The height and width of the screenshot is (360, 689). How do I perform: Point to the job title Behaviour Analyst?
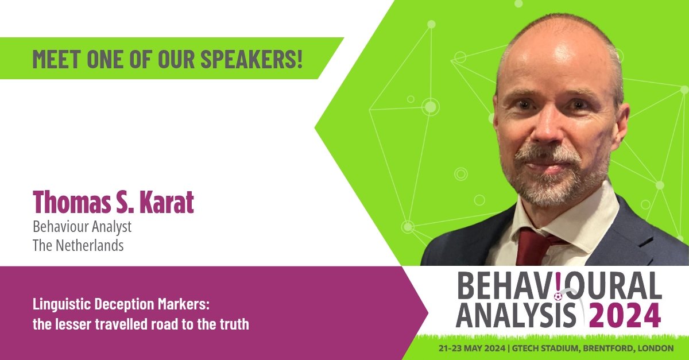click(x=82, y=227)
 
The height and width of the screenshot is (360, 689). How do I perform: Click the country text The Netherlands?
click(x=78, y=245)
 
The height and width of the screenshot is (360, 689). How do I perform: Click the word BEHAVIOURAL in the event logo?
click(x=555, y=286)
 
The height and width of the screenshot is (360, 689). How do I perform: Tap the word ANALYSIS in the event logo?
click(x=516, y=316)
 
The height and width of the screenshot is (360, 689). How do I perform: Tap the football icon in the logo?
click(x=558, y=296)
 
